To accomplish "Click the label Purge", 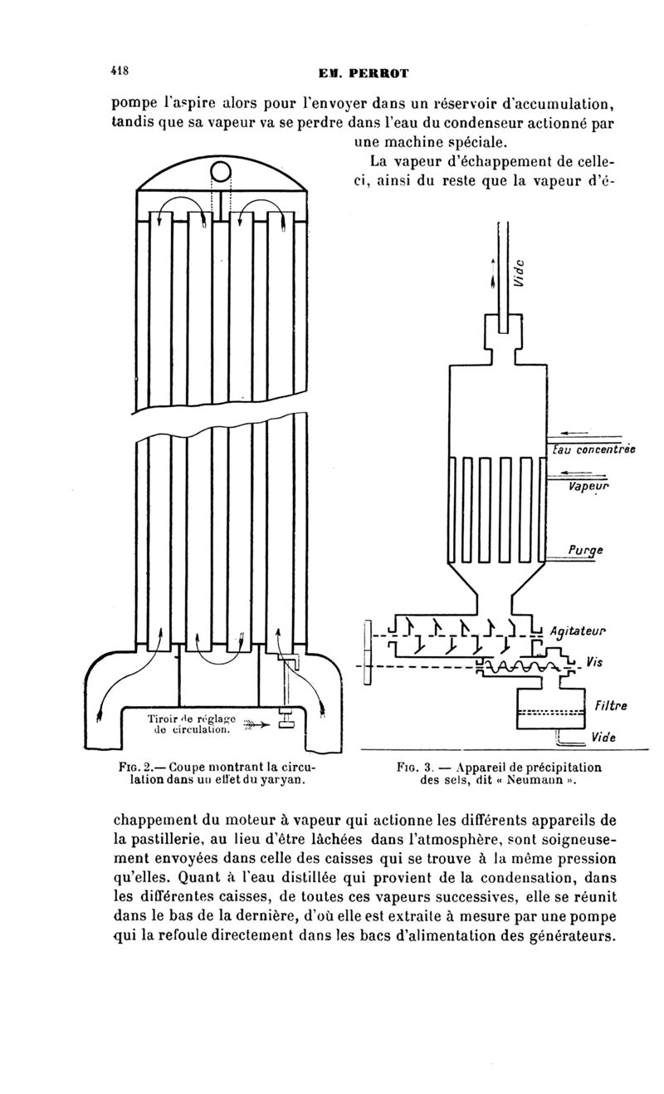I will [586, 548].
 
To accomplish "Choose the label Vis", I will [593, 662].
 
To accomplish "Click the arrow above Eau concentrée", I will [574, 433].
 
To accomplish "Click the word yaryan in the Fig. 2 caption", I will [283, 781].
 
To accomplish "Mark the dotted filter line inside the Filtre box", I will [550, 712].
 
